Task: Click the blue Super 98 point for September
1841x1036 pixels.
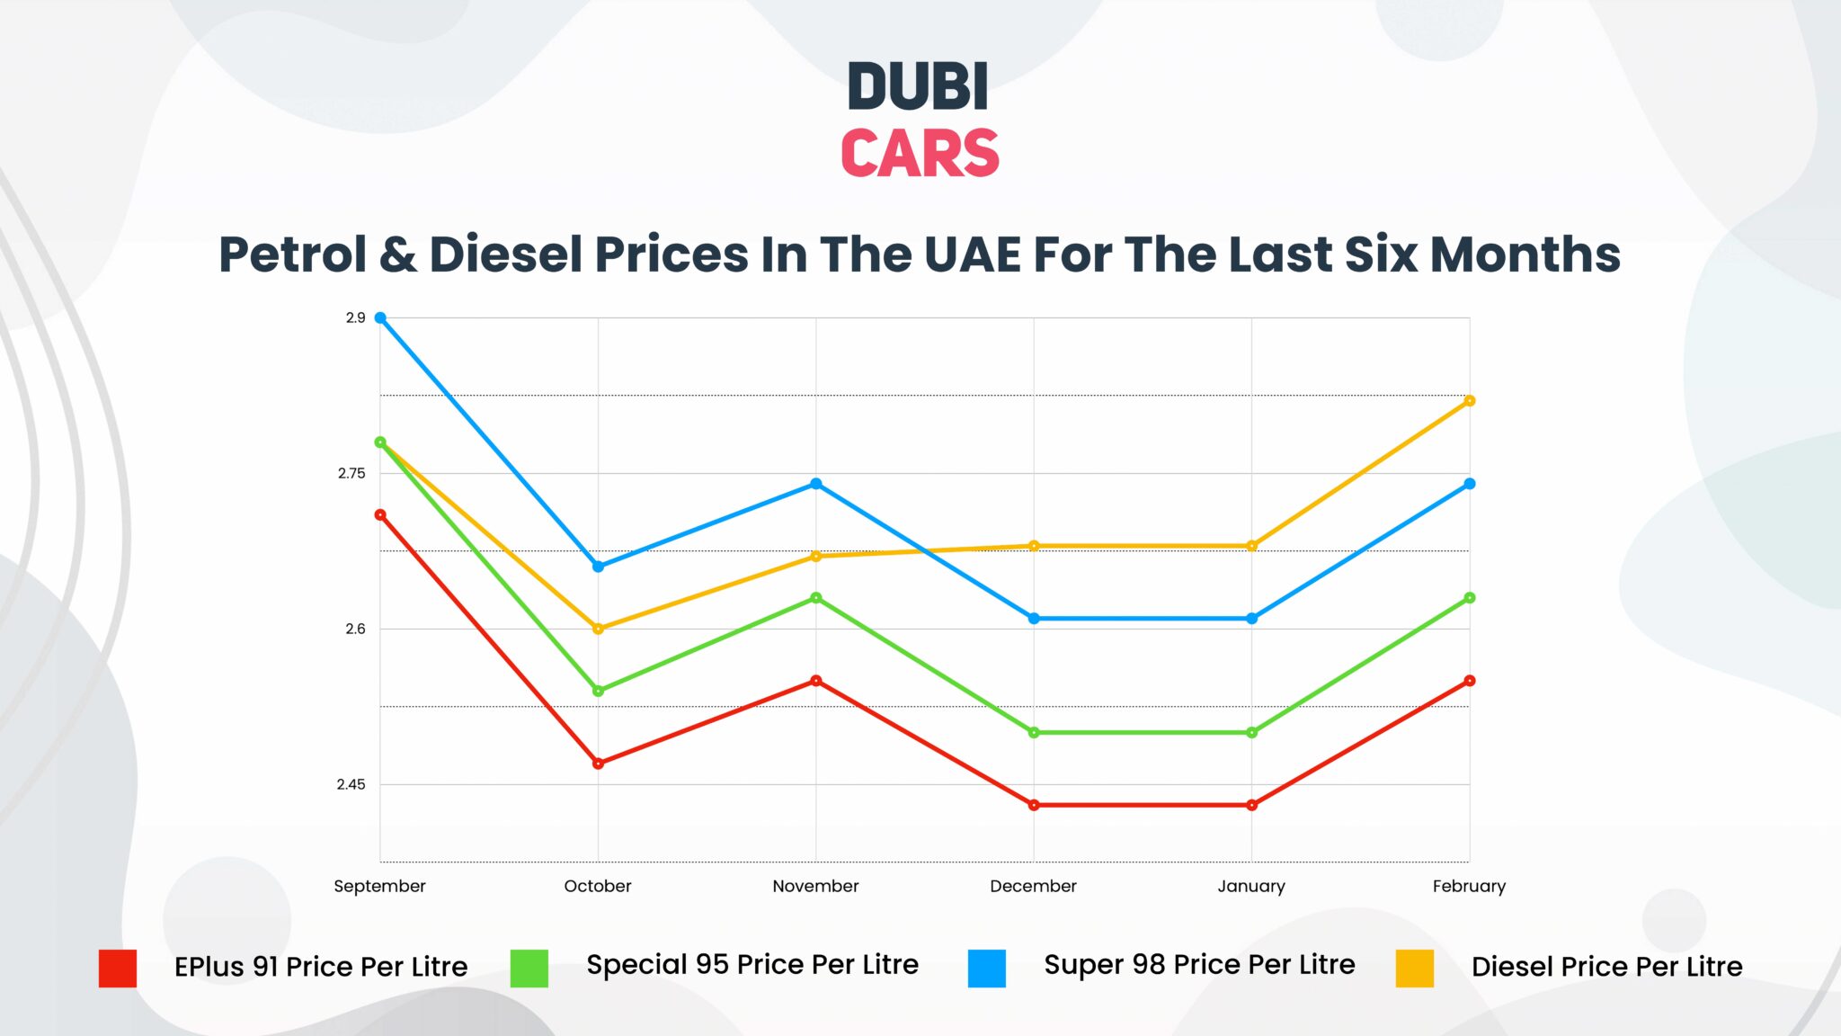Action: click(380, 317)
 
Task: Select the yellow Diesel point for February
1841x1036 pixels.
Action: click(1470, 401)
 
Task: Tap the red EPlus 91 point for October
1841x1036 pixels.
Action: click(598, 764)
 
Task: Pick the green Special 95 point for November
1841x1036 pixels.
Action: click(816, 598)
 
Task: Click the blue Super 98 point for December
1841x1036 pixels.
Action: click(1034, 619)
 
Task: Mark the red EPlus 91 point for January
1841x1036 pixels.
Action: click(1251, 805)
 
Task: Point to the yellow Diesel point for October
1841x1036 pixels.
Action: click(598, 629)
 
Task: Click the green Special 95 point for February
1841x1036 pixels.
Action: click(1470, 598)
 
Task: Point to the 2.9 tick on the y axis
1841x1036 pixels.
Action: click(355, 317)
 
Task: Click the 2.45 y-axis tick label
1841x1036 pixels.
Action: click(351, 784)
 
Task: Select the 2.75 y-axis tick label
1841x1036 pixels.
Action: click(351, 473)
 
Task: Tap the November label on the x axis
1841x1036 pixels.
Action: click(815, 886)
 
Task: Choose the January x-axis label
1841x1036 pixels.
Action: click(1251, 886)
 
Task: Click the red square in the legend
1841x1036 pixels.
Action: click(118, 969)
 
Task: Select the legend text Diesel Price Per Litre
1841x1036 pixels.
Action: click(1606, 967)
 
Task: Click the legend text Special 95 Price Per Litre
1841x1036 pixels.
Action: click(752, 964)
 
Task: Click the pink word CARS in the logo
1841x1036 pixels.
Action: click(920, 153)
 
